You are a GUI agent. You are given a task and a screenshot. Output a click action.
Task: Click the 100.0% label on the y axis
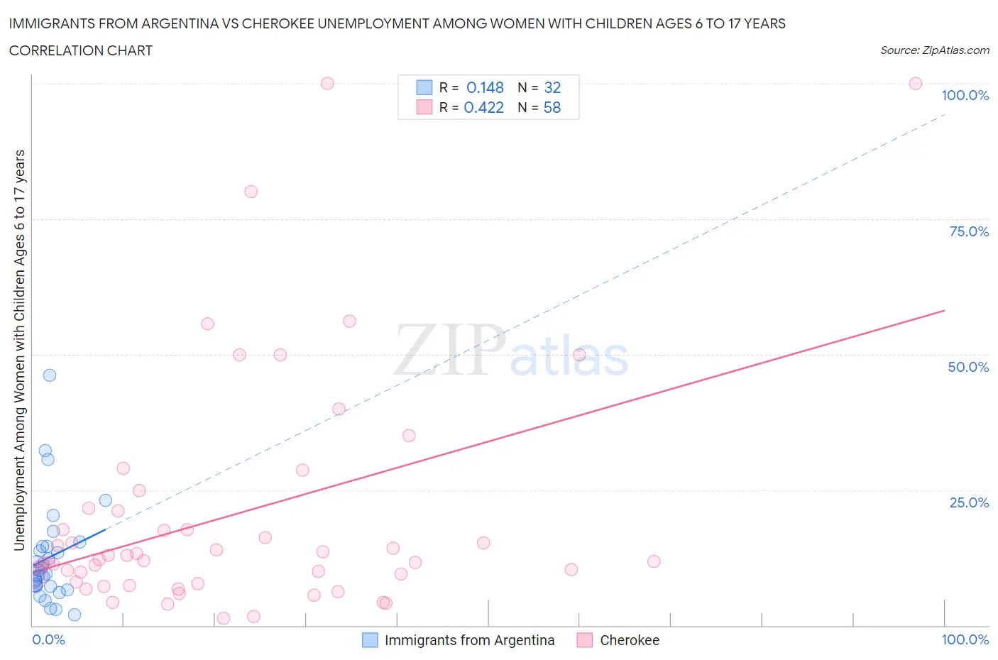pyautogui.click(x=965, y=95)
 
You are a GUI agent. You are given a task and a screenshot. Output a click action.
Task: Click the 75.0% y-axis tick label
pyautogui.click(x=969, y=231)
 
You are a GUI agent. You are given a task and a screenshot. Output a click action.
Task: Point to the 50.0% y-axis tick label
pyautogui.click(x=968, y=367)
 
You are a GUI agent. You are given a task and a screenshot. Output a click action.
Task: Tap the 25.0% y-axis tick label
pyautogui.click(x=969, y=502)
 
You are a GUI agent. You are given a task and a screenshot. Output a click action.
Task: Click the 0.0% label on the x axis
pyautogui.click(x=48, y=639)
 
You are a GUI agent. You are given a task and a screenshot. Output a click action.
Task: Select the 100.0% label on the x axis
pyautogui.click(x=965, y=639)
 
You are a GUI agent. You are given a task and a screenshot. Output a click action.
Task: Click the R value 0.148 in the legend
pyautogui.click(x=485, y=87)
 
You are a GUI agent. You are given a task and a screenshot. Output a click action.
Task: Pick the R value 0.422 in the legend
pyautogui.click(x=483, y=107)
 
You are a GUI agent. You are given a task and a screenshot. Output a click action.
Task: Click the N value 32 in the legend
pyautogui.click(x=552, y=87)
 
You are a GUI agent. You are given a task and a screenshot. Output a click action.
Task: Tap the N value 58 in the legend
pyautogui.click(x=552, y=107)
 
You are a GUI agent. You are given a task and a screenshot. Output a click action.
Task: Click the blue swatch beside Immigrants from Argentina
pyautogui.click(x=370, y=640)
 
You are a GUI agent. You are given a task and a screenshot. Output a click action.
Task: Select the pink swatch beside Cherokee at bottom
pyautogui.click(x=585, y=640)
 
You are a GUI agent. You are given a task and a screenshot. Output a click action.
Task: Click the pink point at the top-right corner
pyautogui.click(x=916, y=84)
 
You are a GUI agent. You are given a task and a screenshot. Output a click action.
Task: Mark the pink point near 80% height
pyautogui.click(x=251, y=192)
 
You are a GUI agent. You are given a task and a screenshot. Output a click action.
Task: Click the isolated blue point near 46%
pyautogui.click(x=50, y=375)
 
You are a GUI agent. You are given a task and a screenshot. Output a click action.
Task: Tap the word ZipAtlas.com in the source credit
pyautogui.click(x=955, y=50)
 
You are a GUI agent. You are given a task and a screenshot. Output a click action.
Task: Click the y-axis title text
pyautogui.click(x=19, y=350)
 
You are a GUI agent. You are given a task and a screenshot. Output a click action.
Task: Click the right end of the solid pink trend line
pyautogui.click(x=944, y=311)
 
